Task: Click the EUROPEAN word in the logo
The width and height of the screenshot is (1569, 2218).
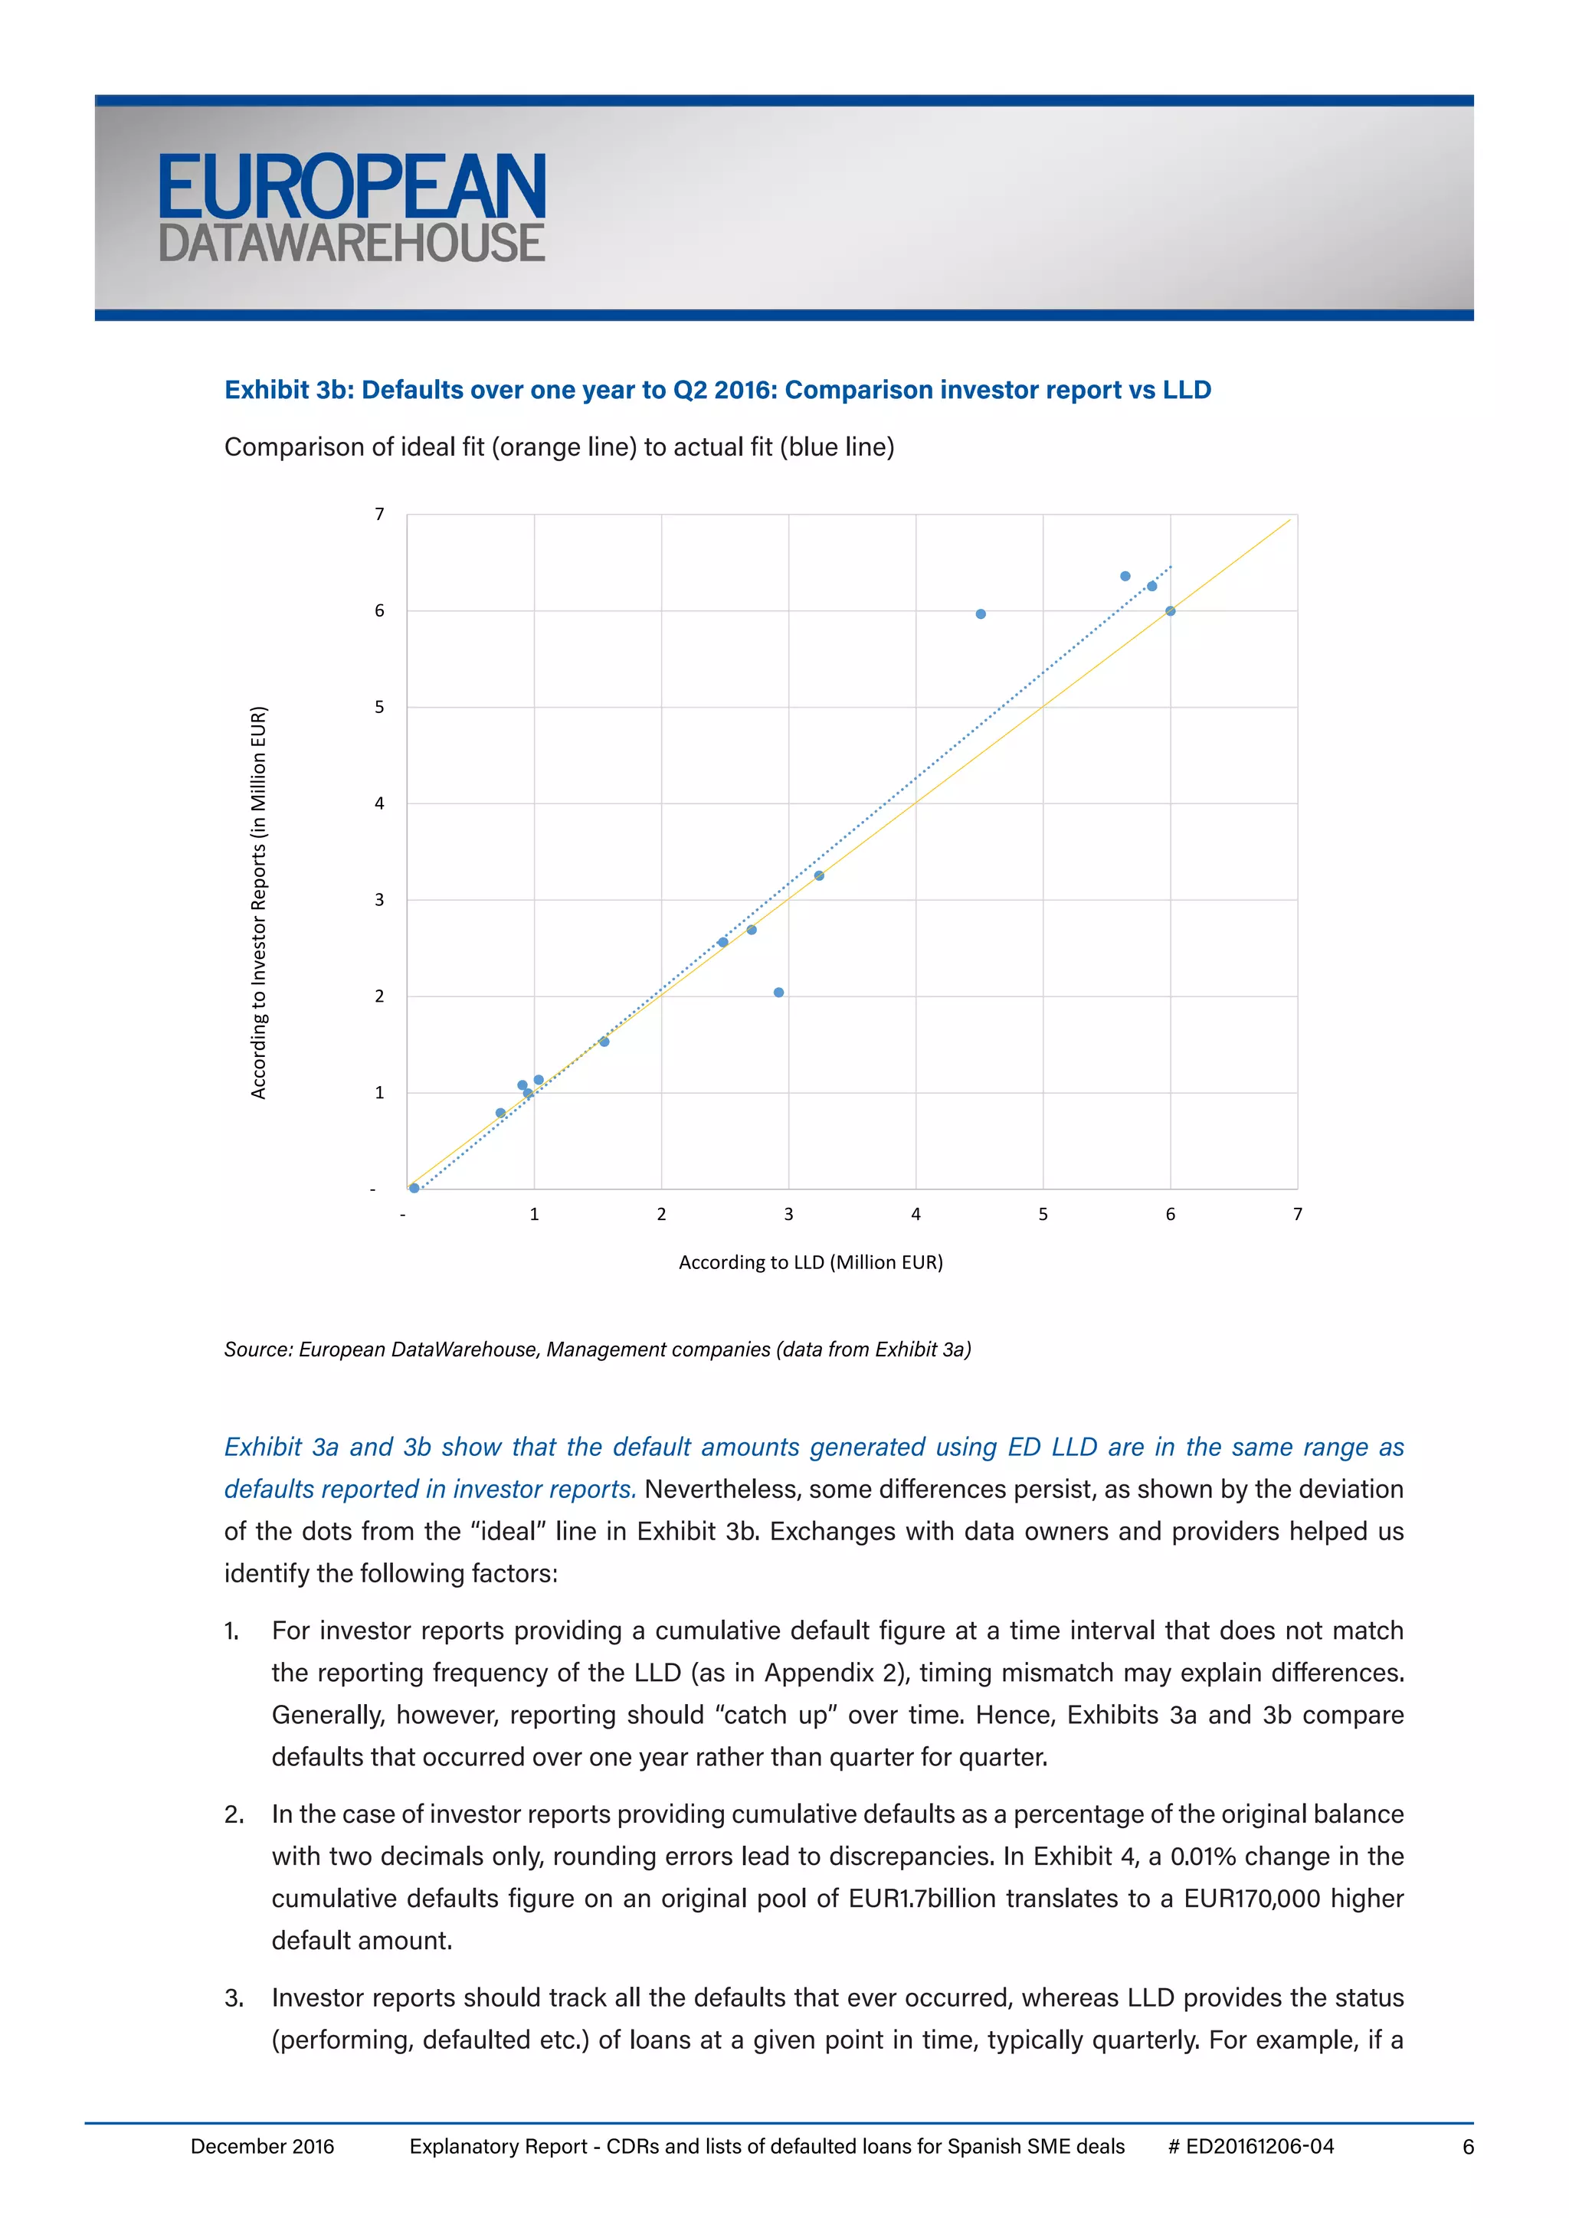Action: (x=352, y=188)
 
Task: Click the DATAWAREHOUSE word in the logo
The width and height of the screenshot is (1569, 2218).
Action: (x=352, y=244)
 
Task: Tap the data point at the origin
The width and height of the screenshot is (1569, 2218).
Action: (x=414, y=1188)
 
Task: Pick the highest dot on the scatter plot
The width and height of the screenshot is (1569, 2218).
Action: (x=1125, y=577)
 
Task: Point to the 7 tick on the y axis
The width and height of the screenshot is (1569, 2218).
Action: (x=380, y=514)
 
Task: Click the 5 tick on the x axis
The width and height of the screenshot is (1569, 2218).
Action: (x=1043, y=1214)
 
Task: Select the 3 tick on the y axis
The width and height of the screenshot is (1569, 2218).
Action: (x=380, y=899)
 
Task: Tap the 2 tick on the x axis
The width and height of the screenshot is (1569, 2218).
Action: (x=661, y=1214)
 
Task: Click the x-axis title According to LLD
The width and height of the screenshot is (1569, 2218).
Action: (x=811, y=1261)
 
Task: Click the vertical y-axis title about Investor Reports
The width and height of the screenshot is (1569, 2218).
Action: (x=258, y=902)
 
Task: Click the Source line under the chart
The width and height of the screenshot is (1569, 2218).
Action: (x=597, y=1349)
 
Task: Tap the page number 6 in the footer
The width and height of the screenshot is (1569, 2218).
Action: (x=1468, y=2147)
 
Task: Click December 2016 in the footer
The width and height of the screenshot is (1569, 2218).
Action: (x=262, y=2147)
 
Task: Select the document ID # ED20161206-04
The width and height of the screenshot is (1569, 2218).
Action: (x=1250, y=2147)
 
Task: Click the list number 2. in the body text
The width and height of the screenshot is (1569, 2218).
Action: (x=234, y=1814)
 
